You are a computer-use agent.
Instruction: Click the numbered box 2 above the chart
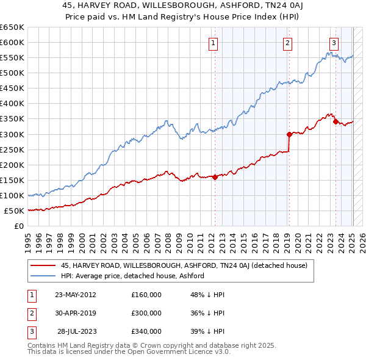click(287, 43)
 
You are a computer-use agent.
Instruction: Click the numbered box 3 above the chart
click(334, 43)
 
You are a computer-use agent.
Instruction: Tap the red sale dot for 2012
click(215, 177)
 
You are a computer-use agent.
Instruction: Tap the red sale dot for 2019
click(289, 134)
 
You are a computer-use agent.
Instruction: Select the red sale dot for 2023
click(335, 121)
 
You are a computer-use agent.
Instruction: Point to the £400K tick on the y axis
click(12, 103)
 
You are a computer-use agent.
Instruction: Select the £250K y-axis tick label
click(12, 149)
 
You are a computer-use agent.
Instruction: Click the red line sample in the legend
click(43, 265)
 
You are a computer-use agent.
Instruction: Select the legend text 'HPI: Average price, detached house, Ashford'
click(132, 276)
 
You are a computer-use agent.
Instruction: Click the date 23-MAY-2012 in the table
click(76, 295)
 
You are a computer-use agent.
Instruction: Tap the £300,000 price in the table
click(146, 313)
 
